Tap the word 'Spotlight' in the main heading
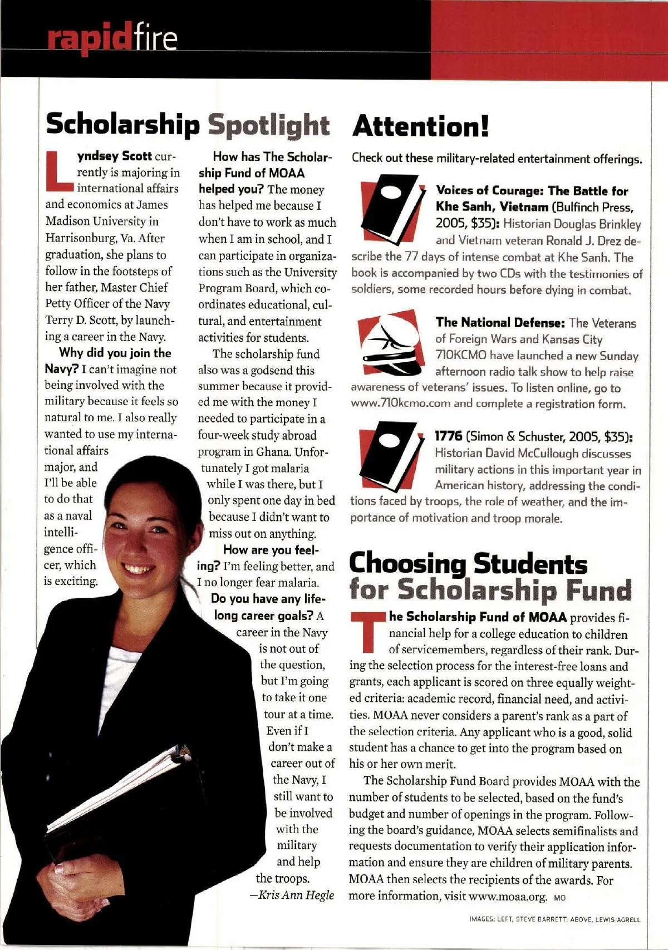(x=269, y=125)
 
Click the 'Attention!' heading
(x=420, y=126)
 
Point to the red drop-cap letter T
(x=367, y=631)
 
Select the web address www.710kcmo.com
(x=400, y=403)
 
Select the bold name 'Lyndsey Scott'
(x=114, y=156)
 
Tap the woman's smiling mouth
(x=140, y=569)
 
